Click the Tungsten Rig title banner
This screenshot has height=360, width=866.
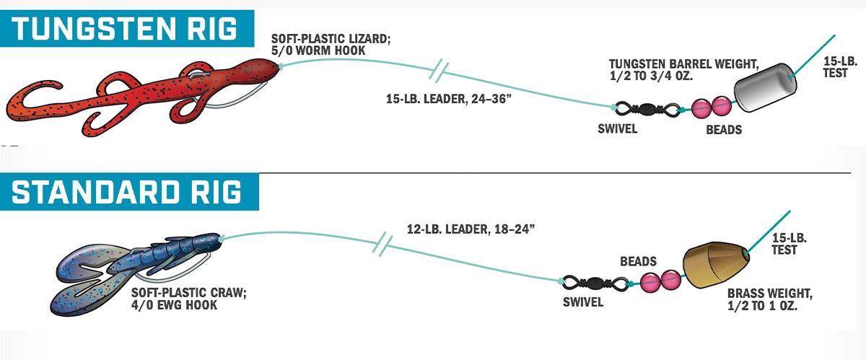(x=127, y=29)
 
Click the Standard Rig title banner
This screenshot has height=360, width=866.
(x=129, y=192)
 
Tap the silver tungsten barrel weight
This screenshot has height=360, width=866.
(x=766, y=87)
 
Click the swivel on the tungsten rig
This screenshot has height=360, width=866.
(x=647, y=109)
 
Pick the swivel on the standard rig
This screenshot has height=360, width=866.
(x=595, y=284)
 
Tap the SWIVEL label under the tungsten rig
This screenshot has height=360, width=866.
(x=618, y=128)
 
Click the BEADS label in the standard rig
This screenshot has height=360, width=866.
(x=638, y=261)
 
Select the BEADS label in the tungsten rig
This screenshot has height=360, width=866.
(x=724, y=130)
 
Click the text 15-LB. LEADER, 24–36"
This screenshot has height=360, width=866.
(x=448, y=99)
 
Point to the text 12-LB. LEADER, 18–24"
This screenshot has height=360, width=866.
(x=471, y=229)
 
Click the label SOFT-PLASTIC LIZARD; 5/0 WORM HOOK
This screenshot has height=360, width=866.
(x=331, y=45)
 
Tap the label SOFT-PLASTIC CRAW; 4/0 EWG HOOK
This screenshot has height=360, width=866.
(x=188, y=299)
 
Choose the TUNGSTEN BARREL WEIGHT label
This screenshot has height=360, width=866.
(x=684, y=69)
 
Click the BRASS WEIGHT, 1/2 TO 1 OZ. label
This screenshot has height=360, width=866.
(x=770, y=299)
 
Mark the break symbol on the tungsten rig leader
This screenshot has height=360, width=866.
(x=439, y=71)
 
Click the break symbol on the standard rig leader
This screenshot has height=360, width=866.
(x=382, y=244)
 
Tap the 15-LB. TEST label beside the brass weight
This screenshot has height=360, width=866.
(x=790, y=244)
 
